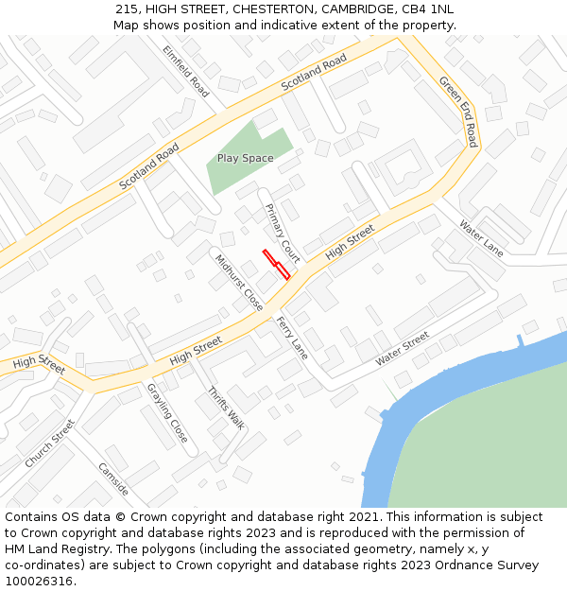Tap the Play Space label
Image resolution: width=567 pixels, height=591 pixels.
(245, 158)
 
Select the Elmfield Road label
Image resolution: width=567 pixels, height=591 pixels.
(185, 71)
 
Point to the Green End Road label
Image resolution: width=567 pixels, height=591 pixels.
(458, 111)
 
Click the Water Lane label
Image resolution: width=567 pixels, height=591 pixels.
(481, 237)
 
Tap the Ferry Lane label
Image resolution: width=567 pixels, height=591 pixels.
(292, 338)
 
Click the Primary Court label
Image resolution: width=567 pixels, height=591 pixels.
(283, 233)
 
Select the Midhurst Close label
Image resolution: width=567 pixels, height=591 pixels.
(239, 282)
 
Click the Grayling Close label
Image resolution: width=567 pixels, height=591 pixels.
(167, 412)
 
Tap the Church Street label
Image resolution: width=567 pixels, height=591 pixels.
(49, 443)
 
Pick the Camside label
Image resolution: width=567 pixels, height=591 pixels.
(113, 479)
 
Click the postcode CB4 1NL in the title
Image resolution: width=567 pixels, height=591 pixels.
(427, 9)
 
